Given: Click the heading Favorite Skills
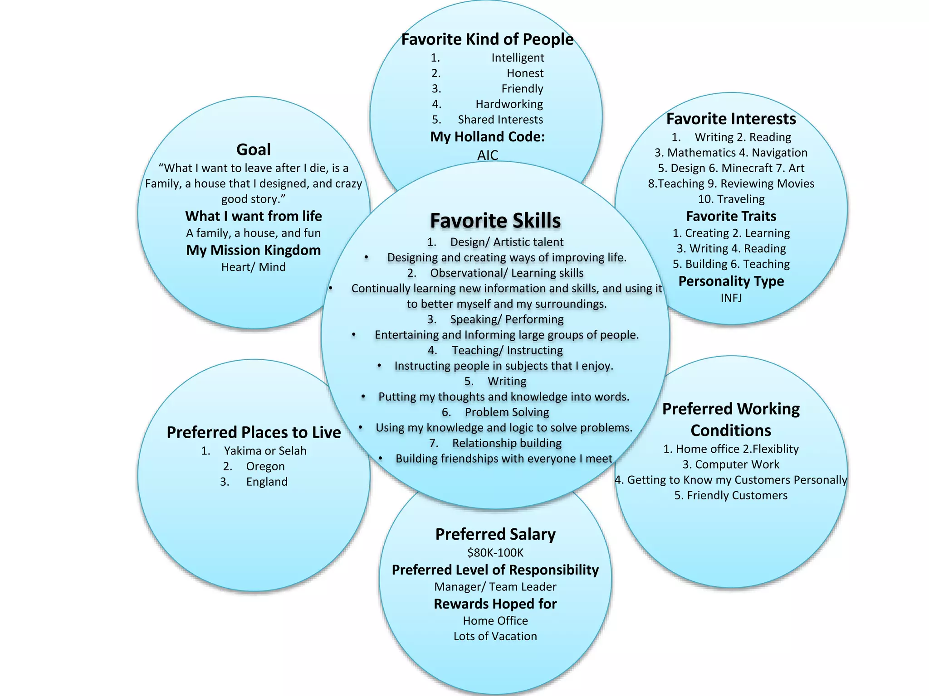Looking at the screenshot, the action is pyautogui.click(x=495, y=221).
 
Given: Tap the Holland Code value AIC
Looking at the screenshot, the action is pyautogui.click(x=488, y=155).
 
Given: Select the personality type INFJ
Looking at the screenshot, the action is pyautogui.click(x=731, y=298).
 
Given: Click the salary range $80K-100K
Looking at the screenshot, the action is pyautogui.click(x=495, y=553).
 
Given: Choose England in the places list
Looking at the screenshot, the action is pyautogui.click(x=267, y=482).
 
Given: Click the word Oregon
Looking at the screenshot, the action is pyautogui.click(x=265, y=466).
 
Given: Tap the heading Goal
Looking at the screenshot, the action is pyautogui.click(x=254, y=150).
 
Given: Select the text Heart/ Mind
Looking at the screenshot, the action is pyautogui.click(x=254, y=267).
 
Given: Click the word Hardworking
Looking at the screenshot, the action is pyautogui.click(x=509, y=104).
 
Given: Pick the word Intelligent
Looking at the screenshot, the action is pyautogui.click(x=518, y=58).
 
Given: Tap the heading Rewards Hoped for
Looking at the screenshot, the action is pyautogui.click(x=495, y=604).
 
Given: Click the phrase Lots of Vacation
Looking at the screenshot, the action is pyautogui.click(x=495, y=636).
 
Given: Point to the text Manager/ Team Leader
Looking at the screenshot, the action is pyautogui.click(x=495, y=587).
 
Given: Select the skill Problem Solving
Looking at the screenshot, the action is pyautogui.click(x=507, y=412).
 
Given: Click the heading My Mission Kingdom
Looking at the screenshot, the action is pyautogui.click(x=254, y=250).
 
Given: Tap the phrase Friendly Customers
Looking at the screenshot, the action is pyautogui.click(x=737, y=495).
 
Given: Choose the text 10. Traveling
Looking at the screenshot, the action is pyautogui.click(x=731, y=199).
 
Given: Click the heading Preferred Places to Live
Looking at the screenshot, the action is pyautogui.click(x=254, y=432).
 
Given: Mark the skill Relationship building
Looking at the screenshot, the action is pyautogui.click(x=507, y=443).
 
